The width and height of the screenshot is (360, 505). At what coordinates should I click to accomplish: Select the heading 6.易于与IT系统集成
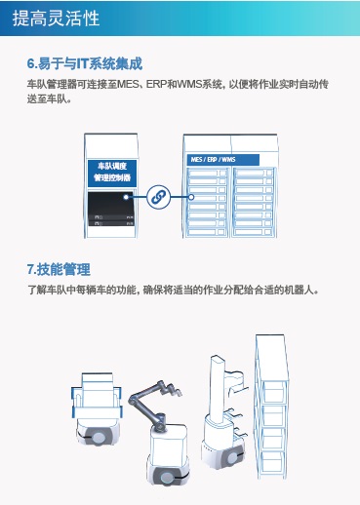tap(85, 64)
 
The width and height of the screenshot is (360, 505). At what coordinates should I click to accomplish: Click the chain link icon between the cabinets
tap(158, 197)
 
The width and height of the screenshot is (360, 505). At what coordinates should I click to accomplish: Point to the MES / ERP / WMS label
tap(212, 160)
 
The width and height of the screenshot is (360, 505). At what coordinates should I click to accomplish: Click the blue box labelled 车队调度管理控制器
tap(110, 173)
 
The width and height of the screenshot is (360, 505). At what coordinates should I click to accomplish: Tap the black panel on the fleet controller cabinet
tap(110, 209)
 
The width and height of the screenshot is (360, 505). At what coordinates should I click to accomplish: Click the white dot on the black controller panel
tap(127, 197)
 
